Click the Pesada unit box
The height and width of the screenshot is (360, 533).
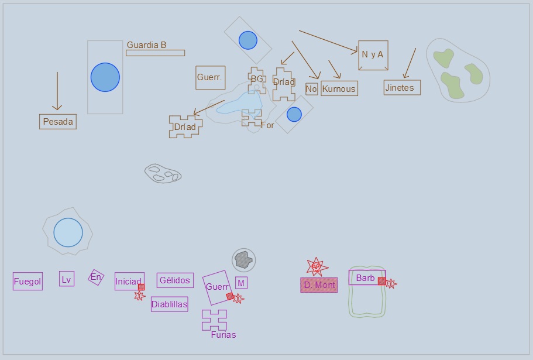pos(58,122)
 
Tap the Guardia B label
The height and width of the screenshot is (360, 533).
pos(146,45)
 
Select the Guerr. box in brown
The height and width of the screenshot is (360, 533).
pos(211,78)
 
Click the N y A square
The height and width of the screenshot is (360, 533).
pos(373,56)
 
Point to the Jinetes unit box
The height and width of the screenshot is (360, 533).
pos(402,88)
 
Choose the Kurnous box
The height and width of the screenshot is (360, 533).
pos(339,88)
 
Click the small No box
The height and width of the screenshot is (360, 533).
pos(311,89)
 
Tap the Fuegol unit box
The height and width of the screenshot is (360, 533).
pos(27,282)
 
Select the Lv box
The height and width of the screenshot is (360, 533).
pos(67,279)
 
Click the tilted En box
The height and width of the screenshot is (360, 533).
pos(96,277)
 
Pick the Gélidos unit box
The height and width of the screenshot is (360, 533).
pos(175,280)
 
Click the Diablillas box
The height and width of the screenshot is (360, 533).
pos(169,304)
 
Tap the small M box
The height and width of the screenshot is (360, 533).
pos(242,283)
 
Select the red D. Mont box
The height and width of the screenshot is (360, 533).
pos(319,285)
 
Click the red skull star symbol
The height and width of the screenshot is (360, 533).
pos(317,267)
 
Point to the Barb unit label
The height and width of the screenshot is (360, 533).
pos(366,278)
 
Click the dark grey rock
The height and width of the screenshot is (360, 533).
pos(244,260)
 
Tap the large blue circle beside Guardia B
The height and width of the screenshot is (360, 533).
pos(105,77)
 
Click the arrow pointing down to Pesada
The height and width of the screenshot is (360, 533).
pos(57,91)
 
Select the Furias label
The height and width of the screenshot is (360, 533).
pos(223,335)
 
